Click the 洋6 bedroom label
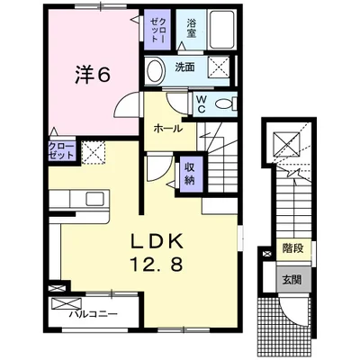click(x=93, y=75)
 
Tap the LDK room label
click(x=157, y=240)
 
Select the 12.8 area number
click(x=157, y=264)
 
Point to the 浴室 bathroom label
click(x=191, y=28)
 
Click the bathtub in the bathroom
click(x=221, y=29)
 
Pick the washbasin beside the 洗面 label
click(x=157, y=71)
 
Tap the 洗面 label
click(x=184, y=67)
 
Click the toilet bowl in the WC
click(x=224, y=104)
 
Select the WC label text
click(x=201, y=104)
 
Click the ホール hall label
click(x=167, y=129)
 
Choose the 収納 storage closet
click(x=190, y=175)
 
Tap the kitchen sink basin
click(x=95, y=199)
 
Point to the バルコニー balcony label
click(x=93, y=314)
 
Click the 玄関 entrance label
click(x=292, y=280)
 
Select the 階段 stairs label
click(x=292, y=248)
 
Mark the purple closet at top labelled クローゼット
click(x=157, y=30)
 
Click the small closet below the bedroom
click(x=61, y=151)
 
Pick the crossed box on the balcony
click(x=67, y=303)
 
